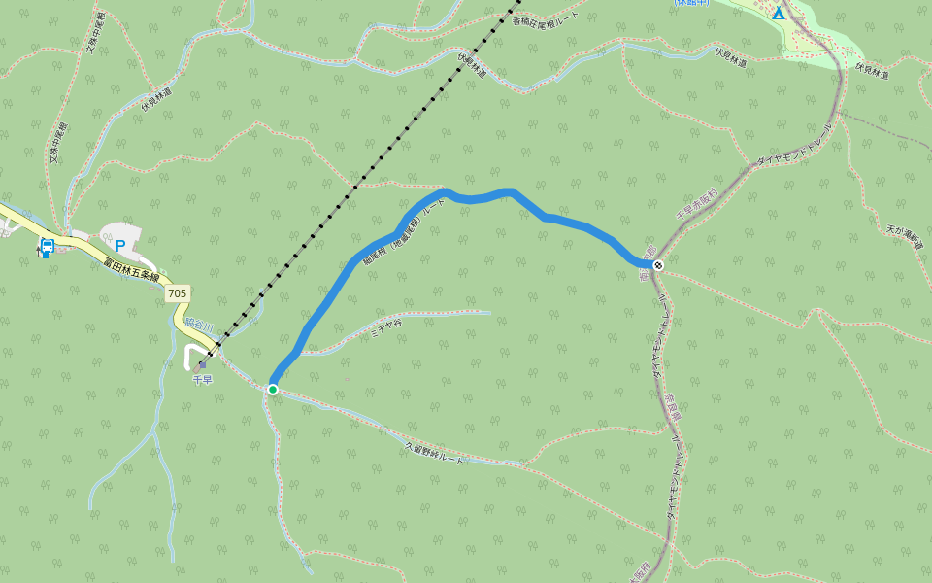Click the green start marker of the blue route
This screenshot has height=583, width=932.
pos(273,390)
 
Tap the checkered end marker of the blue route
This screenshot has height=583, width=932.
pos(658,265)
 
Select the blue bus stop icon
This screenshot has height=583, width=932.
pos(46,247)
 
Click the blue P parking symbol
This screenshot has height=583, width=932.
pos(120,233)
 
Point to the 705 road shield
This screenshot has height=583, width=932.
pos(177,292)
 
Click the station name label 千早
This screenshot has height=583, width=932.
pos(202,380)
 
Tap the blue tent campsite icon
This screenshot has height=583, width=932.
pos(778,14)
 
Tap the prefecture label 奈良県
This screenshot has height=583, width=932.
pos(671,409)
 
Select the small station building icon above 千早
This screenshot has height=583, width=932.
pos(202,366)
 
